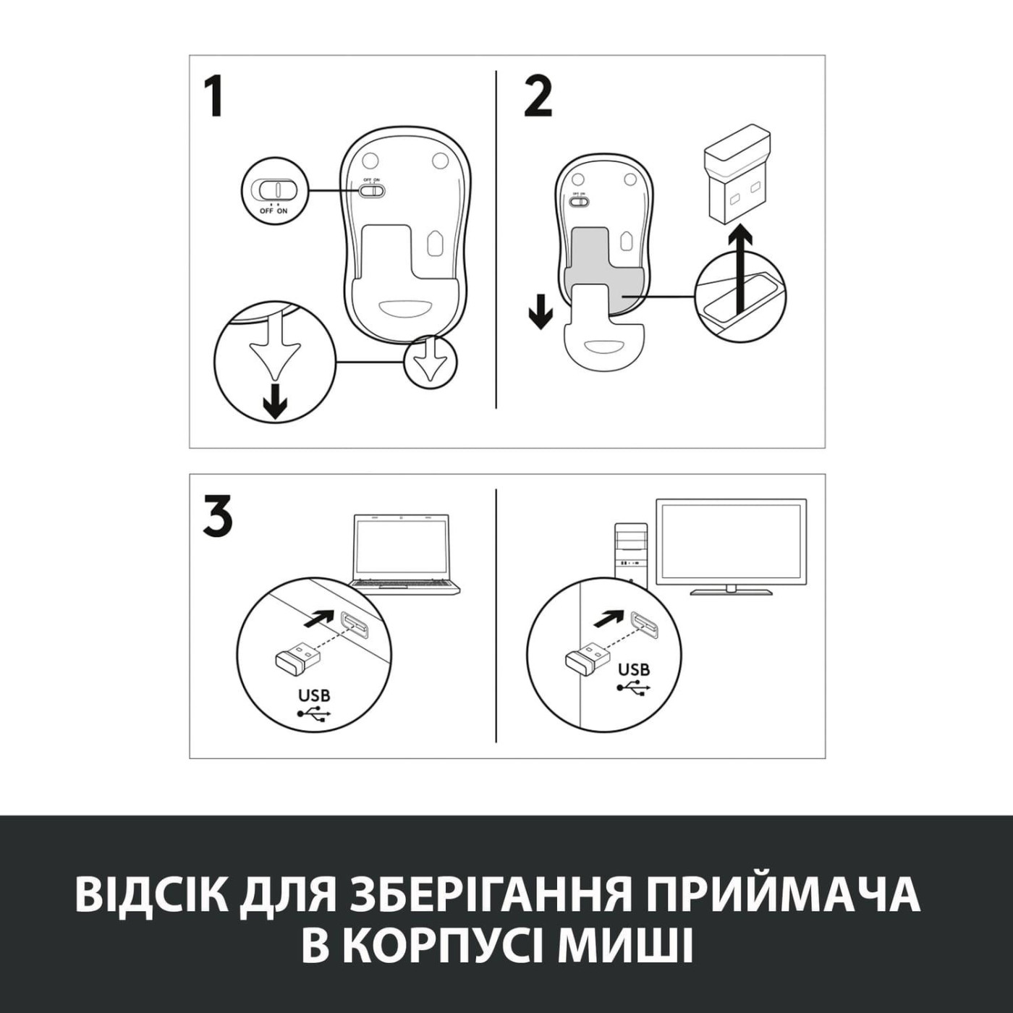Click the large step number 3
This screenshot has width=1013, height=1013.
point(217,516)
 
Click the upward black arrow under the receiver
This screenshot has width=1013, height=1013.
point(739,267)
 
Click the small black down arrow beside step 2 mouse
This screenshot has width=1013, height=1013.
point(540,311)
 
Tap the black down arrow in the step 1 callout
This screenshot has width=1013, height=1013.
point(274,402)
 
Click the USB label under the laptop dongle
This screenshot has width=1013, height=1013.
point(314,695)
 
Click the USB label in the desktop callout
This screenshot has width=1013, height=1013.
point(634,669)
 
